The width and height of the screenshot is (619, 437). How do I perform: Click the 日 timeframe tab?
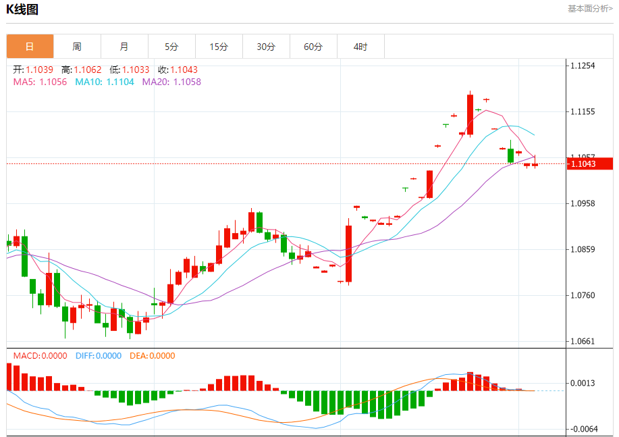30,47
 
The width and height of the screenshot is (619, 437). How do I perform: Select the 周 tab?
77,47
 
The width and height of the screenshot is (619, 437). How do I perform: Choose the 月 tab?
124,47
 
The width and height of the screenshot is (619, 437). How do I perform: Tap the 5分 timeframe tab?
171,47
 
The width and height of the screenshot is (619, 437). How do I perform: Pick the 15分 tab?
219,47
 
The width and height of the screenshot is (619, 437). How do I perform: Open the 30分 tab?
266,47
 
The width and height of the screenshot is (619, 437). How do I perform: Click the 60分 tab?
313,47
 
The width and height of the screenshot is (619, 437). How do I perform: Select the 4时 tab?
360,47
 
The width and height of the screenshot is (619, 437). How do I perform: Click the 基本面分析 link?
590,9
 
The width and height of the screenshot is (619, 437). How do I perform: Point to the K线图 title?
22,9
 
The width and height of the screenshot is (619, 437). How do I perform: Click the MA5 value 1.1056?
53,82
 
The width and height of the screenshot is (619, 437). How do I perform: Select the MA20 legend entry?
171,82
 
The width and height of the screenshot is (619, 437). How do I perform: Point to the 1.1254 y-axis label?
583,66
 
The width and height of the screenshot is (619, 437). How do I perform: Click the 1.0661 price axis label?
583,341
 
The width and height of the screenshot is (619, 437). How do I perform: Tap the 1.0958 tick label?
583,203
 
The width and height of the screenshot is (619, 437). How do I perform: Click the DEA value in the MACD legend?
161,356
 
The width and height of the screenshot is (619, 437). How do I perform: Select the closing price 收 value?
184,70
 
